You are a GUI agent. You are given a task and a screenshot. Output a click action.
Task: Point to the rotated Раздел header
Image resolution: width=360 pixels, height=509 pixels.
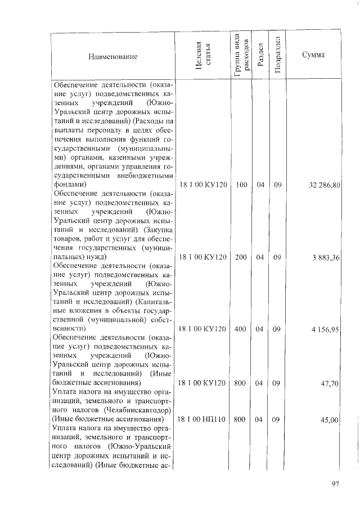tap(259, 57)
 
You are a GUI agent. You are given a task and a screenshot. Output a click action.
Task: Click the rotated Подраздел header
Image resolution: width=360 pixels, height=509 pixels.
tap(277, 56)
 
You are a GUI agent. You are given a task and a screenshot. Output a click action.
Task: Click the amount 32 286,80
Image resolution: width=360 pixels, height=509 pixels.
tap(322, 184)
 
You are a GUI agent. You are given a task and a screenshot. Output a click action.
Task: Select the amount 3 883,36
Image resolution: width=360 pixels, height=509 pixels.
tap(325, 257)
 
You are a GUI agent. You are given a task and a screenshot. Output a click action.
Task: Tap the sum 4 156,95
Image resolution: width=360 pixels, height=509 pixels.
tap(325, 329)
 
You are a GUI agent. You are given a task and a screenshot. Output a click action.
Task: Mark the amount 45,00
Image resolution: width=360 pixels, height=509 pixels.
tap(329, 420)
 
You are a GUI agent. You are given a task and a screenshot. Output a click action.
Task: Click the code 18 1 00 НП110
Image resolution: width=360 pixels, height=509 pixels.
tap(202, 420)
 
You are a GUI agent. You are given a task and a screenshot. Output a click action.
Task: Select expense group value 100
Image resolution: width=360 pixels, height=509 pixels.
tap(241, 184)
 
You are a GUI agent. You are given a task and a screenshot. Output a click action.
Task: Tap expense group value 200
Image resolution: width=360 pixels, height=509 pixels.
tap(241, 257)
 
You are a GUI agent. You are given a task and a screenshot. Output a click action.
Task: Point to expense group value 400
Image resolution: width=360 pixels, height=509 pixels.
tap(241, 329)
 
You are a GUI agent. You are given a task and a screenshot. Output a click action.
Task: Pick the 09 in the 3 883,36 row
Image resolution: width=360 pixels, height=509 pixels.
tap(277, 257)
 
